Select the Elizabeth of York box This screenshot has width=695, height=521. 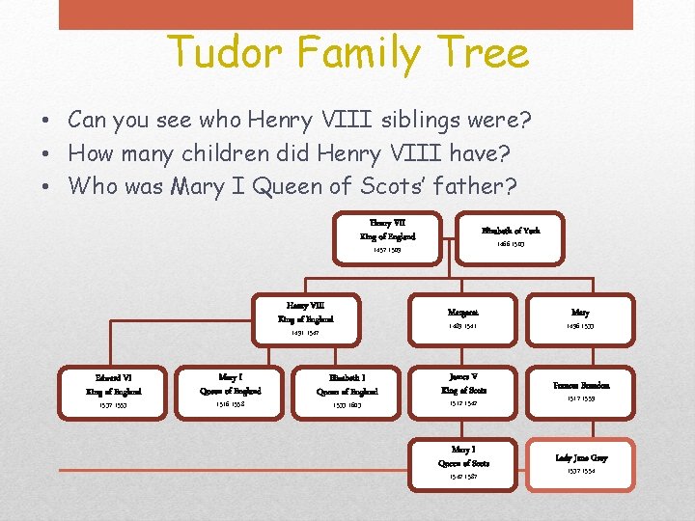pyautogui.click(x=511, y=236)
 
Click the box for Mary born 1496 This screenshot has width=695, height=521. pyautogui.click(x=580, y=318)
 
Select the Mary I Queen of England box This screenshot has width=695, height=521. pyautogui.click(x=230, y=391)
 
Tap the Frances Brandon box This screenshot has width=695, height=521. pyautogui.click(x=580, y=391)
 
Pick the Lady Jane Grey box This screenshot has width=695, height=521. pyautogui.click(x=580, y=463)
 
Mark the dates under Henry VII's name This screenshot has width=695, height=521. pyautogui.click(x=387, y=250)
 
